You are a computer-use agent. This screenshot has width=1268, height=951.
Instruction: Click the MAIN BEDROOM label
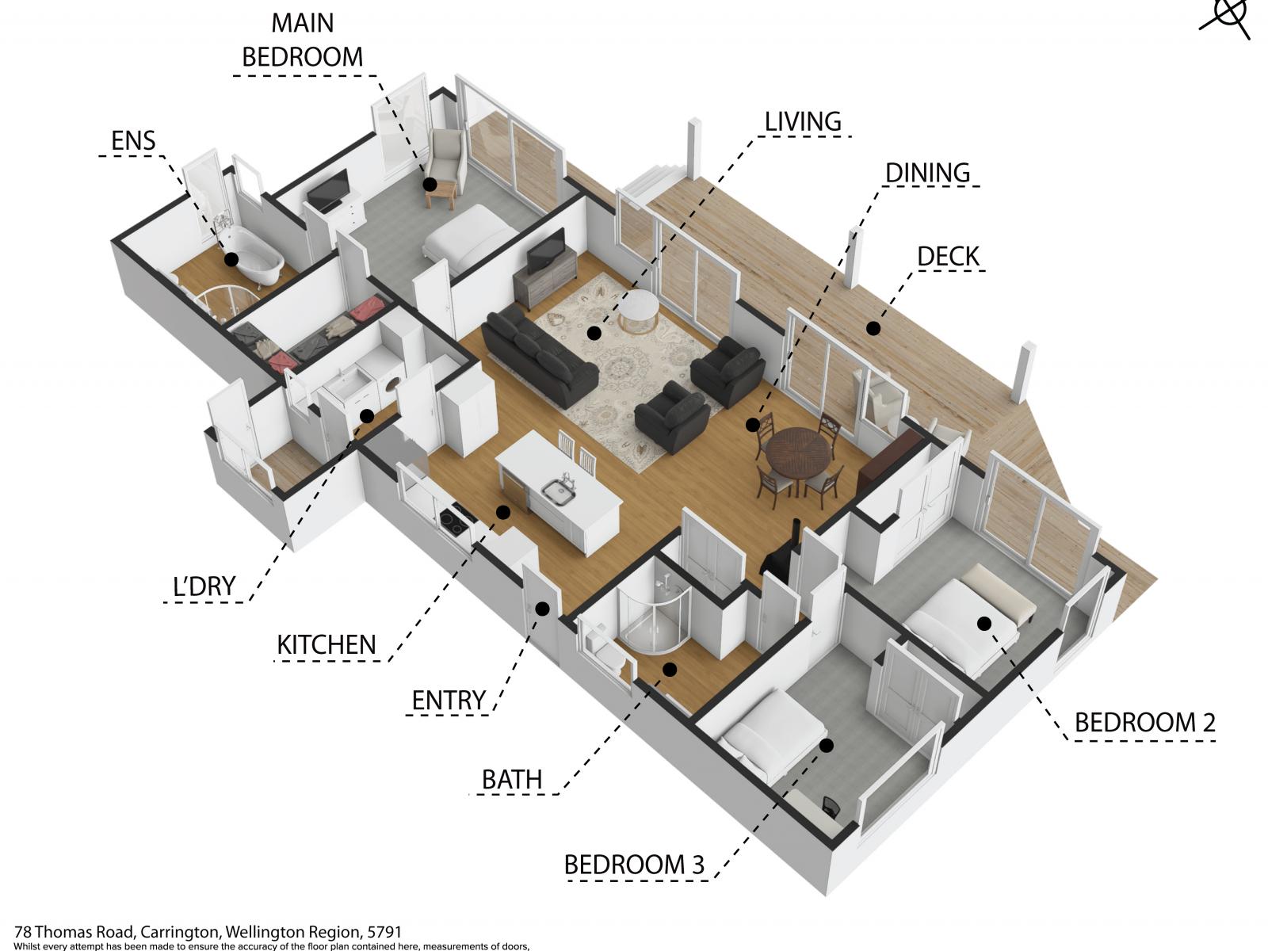click(x=302, y=40)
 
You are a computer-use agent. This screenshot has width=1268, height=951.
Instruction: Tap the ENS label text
click(x=133, y=140)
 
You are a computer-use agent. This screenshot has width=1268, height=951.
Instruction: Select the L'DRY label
click(x=204, y=586)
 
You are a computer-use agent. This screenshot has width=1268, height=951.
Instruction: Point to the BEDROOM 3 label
click(x=634, y=865)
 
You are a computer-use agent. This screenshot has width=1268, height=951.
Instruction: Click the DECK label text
click(x=949, y=256)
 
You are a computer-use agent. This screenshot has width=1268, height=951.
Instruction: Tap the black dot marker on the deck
click(x=873, y=329)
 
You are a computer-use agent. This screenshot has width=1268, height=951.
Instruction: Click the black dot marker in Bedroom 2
click(x=984, y=624)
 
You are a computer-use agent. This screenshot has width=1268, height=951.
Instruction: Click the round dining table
click(x=800, y=453)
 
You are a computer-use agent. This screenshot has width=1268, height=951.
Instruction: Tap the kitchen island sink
click(x=559, y=491)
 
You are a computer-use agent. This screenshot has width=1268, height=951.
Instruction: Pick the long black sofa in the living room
click(x=540, y=354)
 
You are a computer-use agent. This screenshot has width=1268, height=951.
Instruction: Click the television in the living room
click(x=545, y=251)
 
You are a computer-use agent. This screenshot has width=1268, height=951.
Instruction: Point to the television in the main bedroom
click(x=328, y=190)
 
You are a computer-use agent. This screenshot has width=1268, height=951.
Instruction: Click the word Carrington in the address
click(x=180, y=932)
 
